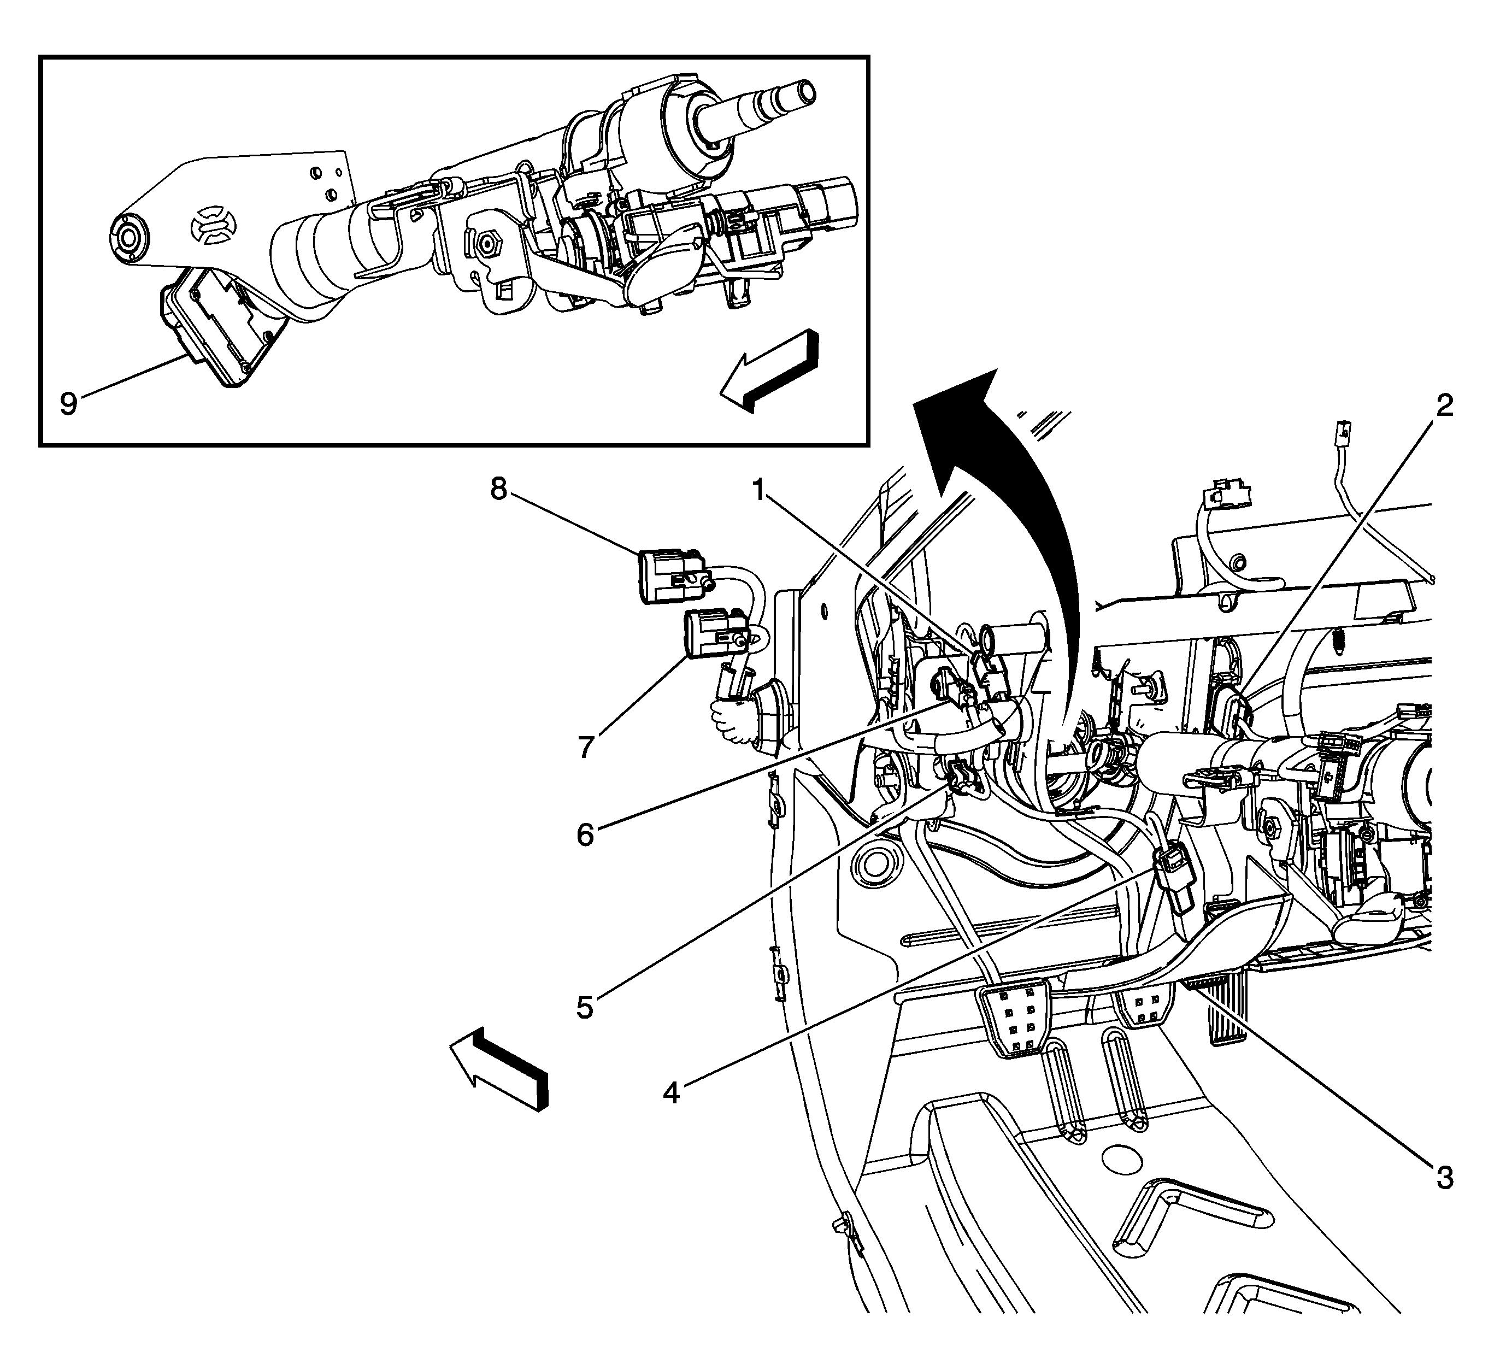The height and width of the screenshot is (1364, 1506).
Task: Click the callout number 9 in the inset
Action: (69, 404)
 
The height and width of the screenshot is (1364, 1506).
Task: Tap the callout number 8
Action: (498, 489)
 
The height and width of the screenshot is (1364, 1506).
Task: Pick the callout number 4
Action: (672, 1093)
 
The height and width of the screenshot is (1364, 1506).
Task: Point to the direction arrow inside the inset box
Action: (769, 370)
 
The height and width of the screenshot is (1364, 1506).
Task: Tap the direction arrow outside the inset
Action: (499, 1069)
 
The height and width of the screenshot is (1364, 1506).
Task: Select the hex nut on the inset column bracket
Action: (489, 242)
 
